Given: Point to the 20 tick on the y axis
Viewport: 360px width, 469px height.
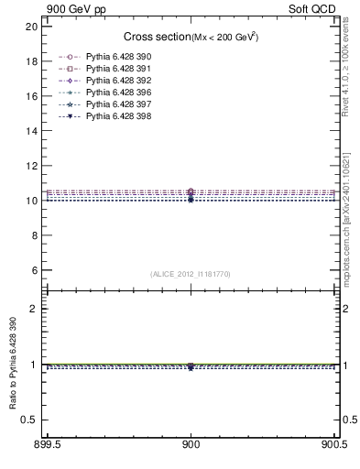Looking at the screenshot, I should click(32, 27).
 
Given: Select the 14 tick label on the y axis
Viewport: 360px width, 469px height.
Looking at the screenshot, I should click(32, 131).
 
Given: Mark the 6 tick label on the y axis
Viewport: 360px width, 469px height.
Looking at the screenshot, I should click(35, 270).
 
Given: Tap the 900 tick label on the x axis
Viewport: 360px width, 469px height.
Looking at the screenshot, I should click(191, 449).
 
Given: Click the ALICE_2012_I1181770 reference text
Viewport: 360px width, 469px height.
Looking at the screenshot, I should click(191, 273).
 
